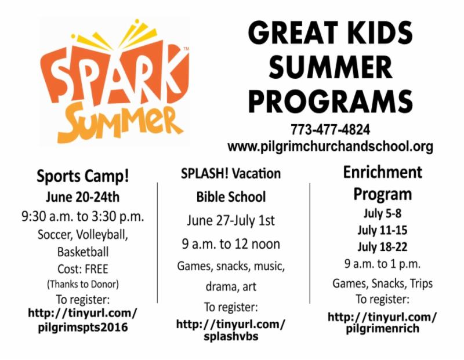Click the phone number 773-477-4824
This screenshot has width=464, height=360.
(x=330, y=129)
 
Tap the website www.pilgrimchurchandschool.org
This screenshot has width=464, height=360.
(x=330, y=146)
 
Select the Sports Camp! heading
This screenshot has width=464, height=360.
(x=83, y=176)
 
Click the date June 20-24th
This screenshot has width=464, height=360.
(x=82, y=197)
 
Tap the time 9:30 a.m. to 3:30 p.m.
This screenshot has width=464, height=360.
(x=83, y=217)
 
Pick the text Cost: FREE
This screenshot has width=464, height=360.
(x=83, y=269)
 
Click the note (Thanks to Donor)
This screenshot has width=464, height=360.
(x=83, y=284)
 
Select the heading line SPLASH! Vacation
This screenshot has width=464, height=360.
(x=231, y=173)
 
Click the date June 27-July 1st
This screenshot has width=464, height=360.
(x=231, y=221)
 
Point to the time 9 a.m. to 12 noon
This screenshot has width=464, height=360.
(x=231, y=244)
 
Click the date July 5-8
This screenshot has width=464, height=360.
(x=382, y=213)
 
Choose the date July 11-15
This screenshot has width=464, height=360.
(x=382, y=230)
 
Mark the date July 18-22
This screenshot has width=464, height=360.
(x=382, y=247)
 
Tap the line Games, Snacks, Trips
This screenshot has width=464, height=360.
(x=382, y=283)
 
